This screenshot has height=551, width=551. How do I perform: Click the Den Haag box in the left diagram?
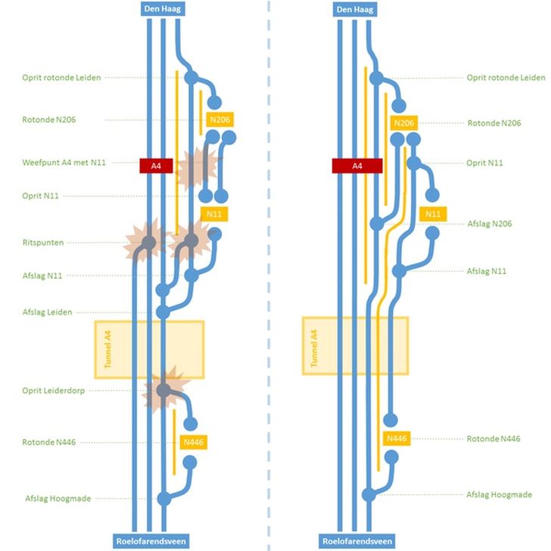[x=163, y=10]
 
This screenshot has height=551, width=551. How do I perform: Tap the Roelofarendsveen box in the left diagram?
[x=151, y=541]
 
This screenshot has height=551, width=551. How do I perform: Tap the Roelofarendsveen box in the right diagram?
[x=357, y=541]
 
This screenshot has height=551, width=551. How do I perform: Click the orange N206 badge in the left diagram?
[x=219, y=120]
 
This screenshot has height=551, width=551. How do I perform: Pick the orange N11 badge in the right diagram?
[x=433, y=214]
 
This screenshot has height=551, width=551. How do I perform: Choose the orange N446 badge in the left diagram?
[x=195, y=443]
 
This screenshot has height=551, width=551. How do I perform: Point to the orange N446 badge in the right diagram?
[x=397, y=439]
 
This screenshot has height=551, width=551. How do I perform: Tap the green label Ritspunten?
[x=43, y=242]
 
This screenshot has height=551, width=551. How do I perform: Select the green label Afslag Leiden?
[x=48, y=312]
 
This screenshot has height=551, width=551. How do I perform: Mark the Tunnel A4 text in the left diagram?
[x=107, y=349]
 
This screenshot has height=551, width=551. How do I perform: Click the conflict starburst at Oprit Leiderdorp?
[x=163, y=390]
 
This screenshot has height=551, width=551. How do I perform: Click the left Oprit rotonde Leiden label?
[x=61, y=77]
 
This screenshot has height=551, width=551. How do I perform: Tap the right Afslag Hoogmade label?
[x=500, y=495]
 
